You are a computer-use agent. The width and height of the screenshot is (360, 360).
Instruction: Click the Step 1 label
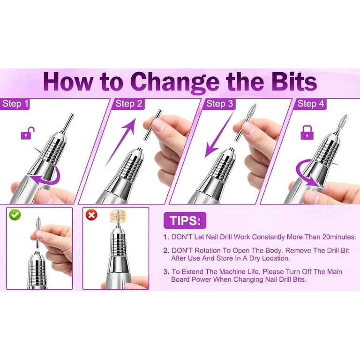15,104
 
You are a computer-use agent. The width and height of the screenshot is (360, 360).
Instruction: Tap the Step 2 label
128,104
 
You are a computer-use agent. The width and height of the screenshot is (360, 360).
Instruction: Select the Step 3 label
219,104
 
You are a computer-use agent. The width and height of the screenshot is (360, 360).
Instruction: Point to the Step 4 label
310,104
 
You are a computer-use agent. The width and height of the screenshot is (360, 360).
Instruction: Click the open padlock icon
28,134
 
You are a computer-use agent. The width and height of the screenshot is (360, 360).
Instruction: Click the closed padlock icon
307,133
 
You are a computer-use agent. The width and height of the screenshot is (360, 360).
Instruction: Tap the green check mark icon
15,215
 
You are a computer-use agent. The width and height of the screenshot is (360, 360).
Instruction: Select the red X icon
91,215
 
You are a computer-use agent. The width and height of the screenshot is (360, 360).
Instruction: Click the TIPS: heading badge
185,220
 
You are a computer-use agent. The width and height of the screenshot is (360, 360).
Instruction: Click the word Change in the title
175,82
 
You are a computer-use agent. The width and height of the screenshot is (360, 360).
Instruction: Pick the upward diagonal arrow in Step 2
120,142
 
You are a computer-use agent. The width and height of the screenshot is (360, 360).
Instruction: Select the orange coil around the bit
118,218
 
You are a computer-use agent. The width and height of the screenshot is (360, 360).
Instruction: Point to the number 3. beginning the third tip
166,272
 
